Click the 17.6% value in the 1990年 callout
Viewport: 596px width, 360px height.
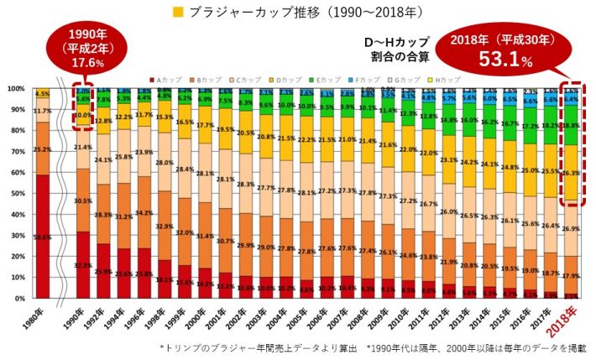88,63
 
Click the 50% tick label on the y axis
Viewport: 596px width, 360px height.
16,193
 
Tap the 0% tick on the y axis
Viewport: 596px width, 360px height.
18,298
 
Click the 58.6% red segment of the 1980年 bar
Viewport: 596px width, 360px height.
42,237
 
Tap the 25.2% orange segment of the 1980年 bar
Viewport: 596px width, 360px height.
42,149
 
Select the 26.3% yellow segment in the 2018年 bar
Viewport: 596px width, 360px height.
571,174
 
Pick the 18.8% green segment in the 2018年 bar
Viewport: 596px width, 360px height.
571,126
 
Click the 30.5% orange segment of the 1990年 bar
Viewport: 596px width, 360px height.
83,201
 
